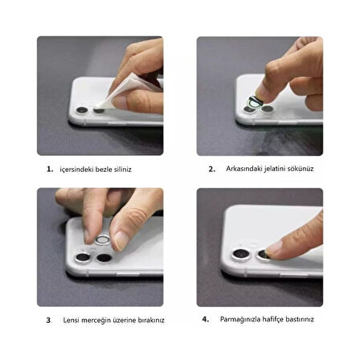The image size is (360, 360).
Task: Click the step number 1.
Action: (49, 170)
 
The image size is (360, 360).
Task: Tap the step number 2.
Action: (211, 169)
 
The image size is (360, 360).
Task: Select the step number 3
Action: (48, 320)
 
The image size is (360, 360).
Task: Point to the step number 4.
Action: (206, 319)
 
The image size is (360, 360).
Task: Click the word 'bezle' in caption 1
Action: (94, 170)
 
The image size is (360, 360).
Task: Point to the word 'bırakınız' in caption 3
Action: (151, 320)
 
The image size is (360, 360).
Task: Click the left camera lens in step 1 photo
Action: (82, 110)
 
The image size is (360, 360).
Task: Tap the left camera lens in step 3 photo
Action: (83, 257)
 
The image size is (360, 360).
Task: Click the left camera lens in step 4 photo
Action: (239, 256)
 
